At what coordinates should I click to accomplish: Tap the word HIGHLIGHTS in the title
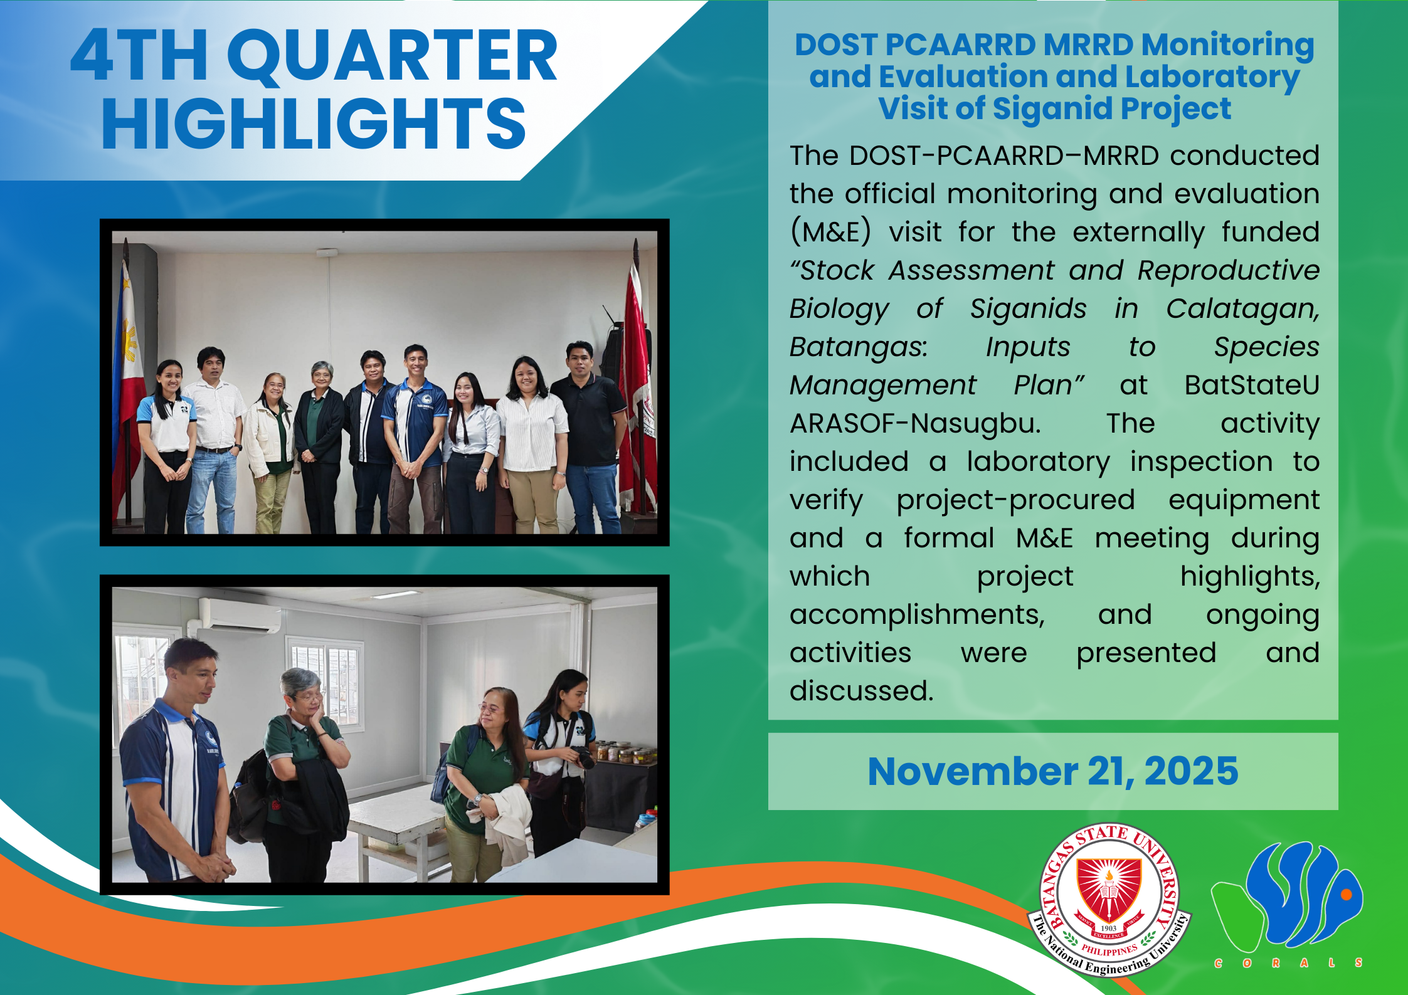pos(314,124)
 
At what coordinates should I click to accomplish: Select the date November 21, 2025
pos(1053,771)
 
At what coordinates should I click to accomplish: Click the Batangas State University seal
pos(1109,900)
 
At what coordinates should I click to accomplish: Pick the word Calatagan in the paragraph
pos(1242,309)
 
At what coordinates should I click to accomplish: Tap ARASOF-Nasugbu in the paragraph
pos(915,424)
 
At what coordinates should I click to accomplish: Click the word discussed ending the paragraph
pos(860,691)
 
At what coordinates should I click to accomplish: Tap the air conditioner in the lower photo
pos(240,616)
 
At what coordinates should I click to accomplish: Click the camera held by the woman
pos(583,757)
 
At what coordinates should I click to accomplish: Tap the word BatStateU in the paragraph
pos(1252,385)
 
